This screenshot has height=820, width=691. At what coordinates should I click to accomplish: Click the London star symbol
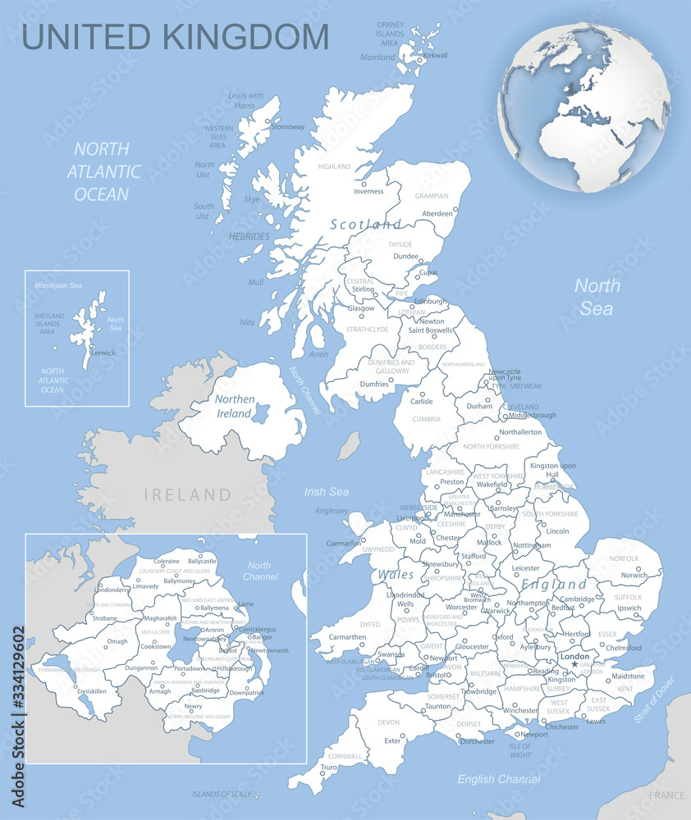click(x=574, y=663)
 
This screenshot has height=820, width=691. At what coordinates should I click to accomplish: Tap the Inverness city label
click(x=368, y=192)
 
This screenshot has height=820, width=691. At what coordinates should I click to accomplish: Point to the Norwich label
click(x=634, y=575)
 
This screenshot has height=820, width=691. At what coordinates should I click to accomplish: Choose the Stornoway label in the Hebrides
click(x=288, y=127)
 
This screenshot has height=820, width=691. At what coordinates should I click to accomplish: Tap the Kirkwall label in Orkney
click(x=435, y=55)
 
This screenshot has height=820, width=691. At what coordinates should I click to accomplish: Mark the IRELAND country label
click(x=188, y=494)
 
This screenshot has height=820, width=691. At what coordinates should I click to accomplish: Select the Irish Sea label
click(x=327, y=492)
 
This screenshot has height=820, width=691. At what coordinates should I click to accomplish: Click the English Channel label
click(x=499, y=779)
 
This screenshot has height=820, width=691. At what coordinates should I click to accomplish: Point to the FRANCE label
click(x=666, y=795)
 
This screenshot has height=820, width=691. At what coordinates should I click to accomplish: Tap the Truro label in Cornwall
click(x=327, y=768)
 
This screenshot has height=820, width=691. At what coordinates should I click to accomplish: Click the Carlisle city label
click(x=421, y=402)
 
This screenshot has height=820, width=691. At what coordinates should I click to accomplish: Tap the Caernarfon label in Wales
click(x=344, y=543)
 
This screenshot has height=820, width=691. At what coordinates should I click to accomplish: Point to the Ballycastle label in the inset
click(x=202, y=561)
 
